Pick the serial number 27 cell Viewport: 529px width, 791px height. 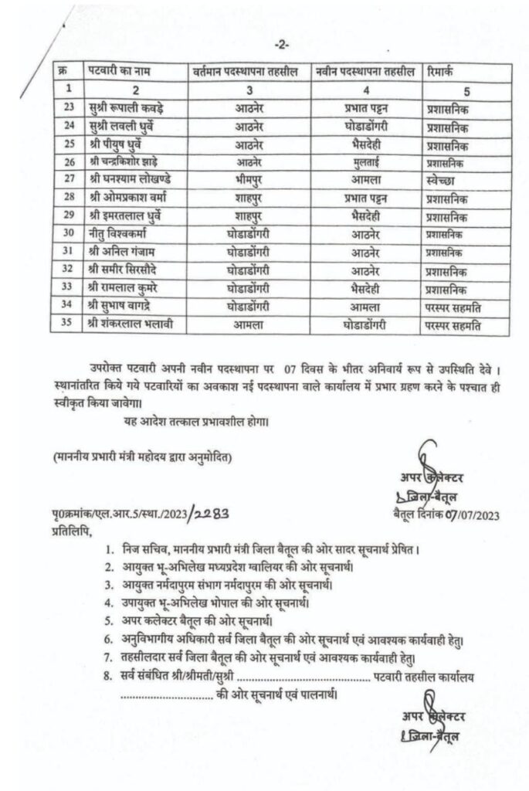[70, 179]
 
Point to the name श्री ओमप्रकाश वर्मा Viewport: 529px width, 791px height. [126, 198]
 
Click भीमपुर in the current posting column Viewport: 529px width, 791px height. [249, 179]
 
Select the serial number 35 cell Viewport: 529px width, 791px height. [70, 324]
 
